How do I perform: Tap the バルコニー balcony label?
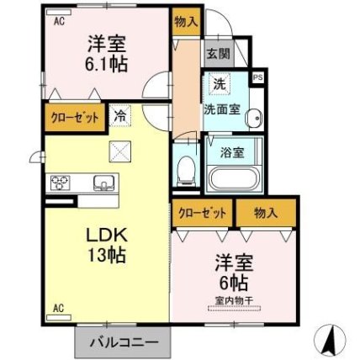click(123, 342)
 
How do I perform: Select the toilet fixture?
click(186, 171)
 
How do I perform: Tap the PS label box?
click(257, 77)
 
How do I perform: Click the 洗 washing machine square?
click(218, 84)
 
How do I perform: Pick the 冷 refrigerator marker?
click(121, 117)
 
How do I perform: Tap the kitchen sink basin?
click(103, 183)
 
